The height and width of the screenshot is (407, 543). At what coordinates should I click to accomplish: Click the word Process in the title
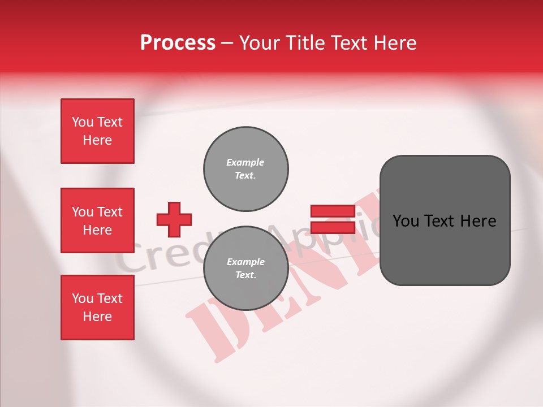(178, 43)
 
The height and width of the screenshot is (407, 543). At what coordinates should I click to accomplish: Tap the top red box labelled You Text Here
(97, 131)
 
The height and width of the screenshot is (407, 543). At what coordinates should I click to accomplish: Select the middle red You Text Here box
(97, 220)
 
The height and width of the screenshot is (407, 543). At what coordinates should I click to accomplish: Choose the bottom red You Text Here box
(97, 308)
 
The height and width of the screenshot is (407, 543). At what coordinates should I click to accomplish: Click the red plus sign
(174, 219)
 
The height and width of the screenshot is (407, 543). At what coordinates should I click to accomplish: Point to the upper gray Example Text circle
(246, 169)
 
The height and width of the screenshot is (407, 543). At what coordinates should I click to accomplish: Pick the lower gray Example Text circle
(246, 269)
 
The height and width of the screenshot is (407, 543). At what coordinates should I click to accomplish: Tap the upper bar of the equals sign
(333, 211)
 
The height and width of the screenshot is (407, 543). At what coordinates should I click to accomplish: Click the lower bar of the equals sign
(333, 228)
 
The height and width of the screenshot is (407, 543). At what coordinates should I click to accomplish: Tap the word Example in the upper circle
(245, 163)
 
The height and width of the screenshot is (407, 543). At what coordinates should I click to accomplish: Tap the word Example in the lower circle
(245, 262)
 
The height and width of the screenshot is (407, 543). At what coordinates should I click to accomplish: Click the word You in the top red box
(82, 122)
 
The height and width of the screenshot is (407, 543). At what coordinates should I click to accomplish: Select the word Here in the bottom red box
(97, 317)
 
